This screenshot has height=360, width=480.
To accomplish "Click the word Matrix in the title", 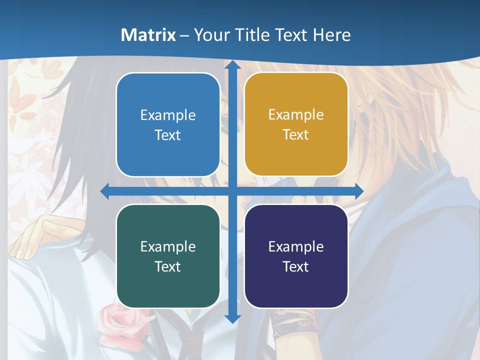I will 148,35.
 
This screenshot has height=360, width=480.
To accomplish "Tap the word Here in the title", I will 331,35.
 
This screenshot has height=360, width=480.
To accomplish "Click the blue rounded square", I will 168,124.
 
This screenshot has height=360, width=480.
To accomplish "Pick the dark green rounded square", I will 168,256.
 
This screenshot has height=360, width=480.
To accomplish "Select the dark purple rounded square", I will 296,256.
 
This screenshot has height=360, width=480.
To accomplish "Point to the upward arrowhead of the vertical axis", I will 232,66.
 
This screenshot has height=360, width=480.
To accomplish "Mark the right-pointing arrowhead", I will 358,191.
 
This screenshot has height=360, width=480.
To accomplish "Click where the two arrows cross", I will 232,191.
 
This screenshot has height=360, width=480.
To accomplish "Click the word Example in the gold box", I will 296,114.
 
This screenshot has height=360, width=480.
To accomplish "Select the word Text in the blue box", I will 168,135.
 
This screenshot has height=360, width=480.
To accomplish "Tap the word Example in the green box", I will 168,246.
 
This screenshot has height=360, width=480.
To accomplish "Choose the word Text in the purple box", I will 296,266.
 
